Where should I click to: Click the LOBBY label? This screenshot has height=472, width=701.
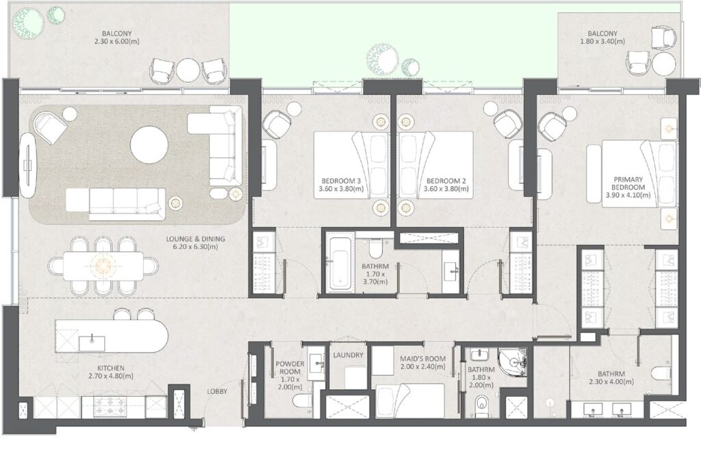click(218, 391)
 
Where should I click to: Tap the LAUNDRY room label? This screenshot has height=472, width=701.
click(348, 356)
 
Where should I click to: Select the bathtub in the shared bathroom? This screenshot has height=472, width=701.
click(339, 263)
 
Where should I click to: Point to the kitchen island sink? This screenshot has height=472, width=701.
click(90, 341)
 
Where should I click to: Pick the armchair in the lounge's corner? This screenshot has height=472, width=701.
click(49, 127)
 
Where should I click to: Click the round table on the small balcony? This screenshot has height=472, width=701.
click(664, 64)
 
